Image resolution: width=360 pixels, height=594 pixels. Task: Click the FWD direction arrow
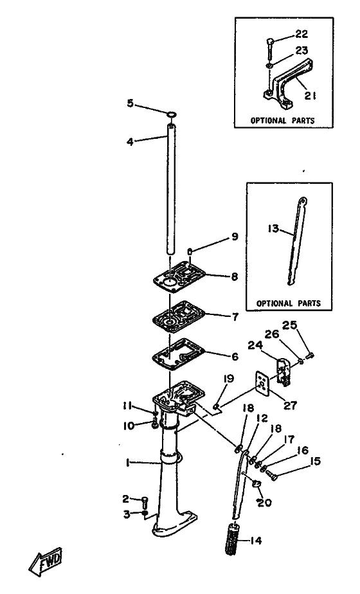(46, 562)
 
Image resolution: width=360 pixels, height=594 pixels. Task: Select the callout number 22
(301, 34)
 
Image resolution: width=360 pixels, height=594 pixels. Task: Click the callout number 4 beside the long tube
(130, 143)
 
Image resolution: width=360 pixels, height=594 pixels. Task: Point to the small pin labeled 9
(190, 251)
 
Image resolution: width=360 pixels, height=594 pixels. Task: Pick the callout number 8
(234, 276)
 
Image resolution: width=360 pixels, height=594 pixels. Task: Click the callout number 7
(235, 316)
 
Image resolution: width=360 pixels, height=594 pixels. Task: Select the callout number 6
(235, 357)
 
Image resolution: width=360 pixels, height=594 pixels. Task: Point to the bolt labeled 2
(145, 503)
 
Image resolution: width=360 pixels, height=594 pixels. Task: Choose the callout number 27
(291, 406)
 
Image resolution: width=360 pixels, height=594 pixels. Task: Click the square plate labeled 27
(262, 383)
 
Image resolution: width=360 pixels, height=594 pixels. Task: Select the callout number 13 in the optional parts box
(273, 229)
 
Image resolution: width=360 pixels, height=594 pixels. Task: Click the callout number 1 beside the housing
(128, 463)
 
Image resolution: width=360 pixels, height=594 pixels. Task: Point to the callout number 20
(265, 503)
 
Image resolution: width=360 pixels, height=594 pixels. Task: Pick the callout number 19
(228, 379)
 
